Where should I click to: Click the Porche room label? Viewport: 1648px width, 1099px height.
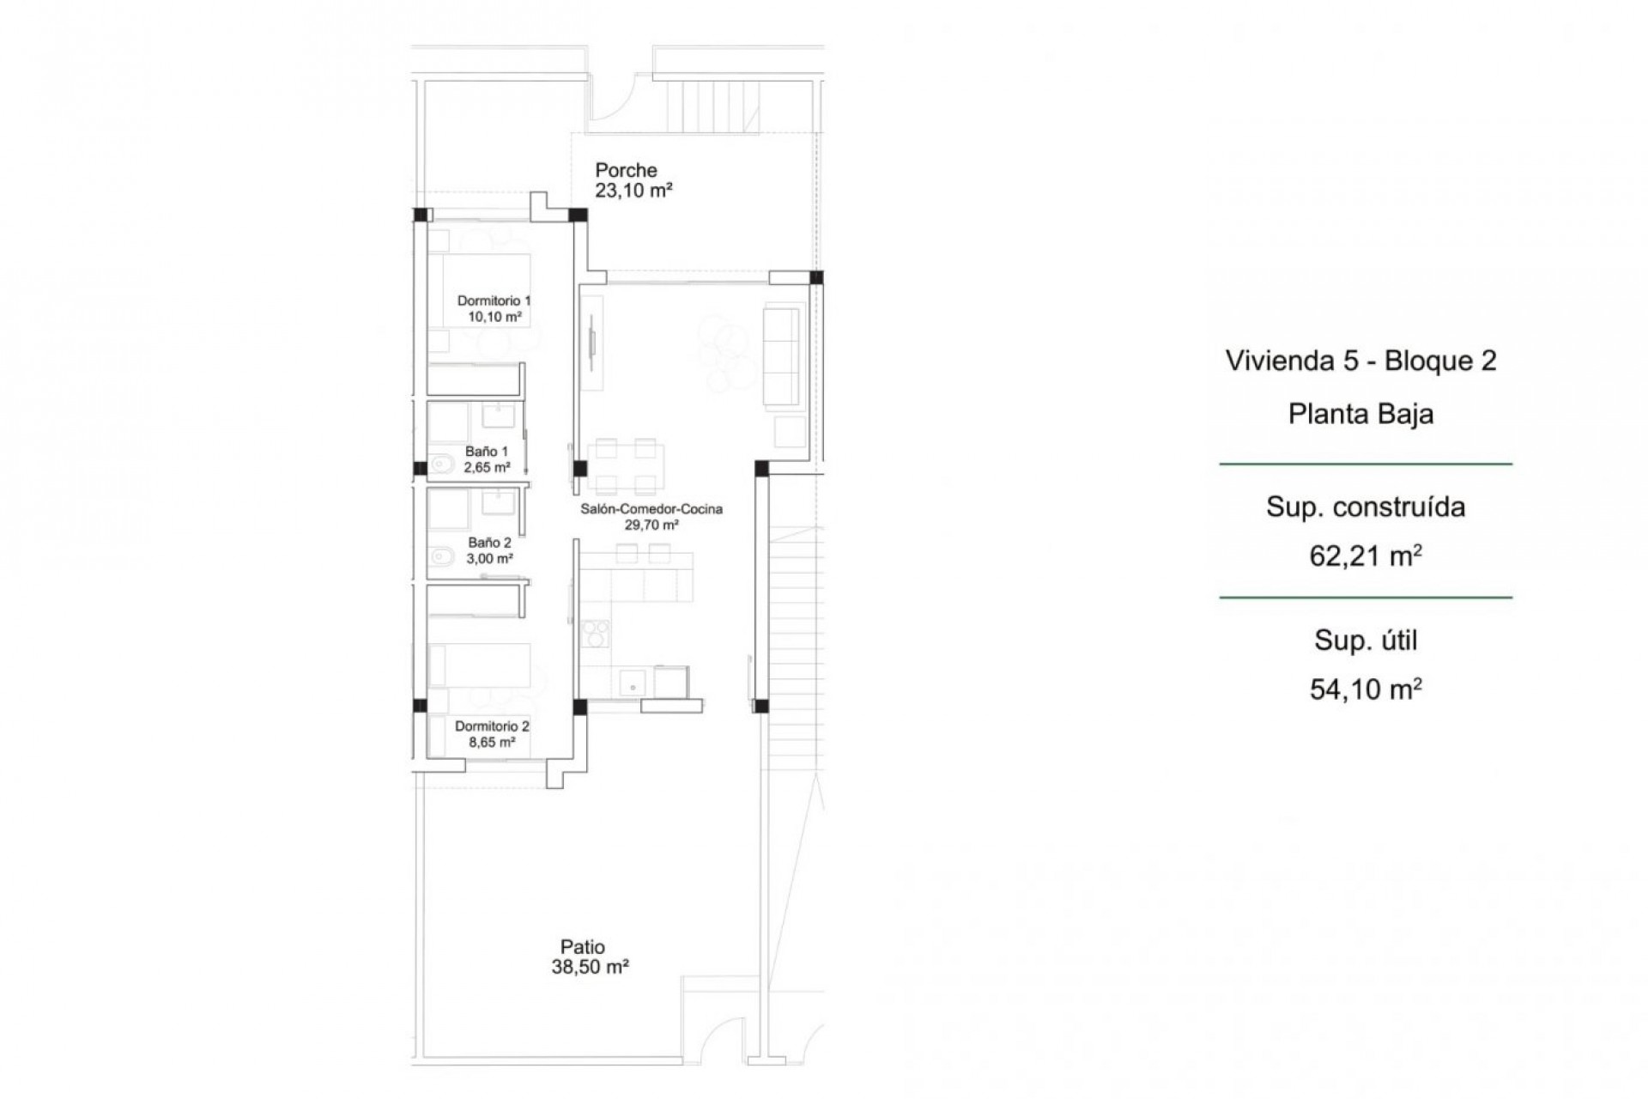(626, 170)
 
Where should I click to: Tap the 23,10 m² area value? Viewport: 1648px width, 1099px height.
(633, 191)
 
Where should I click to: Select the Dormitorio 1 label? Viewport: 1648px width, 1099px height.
(494, 301)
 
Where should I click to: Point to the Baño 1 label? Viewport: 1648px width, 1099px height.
(487, 451)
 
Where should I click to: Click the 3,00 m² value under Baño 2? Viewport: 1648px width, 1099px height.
(489, 558)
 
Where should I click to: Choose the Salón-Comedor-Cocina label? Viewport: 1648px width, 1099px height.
(651, 508)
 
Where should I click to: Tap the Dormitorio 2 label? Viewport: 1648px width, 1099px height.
(492, 726)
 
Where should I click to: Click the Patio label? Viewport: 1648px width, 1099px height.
(582, 947)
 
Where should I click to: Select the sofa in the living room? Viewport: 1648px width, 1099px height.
(781, 356)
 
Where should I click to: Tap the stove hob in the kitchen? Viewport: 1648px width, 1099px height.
(595, 633)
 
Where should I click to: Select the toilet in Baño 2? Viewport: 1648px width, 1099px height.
(443, 557)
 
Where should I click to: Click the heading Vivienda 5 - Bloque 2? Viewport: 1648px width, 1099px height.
(1360, 361)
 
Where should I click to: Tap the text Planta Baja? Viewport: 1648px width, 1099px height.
(1360, 414)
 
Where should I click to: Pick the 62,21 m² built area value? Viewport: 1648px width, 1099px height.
(1365, 556)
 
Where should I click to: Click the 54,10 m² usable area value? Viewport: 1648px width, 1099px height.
(1365, 689)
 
